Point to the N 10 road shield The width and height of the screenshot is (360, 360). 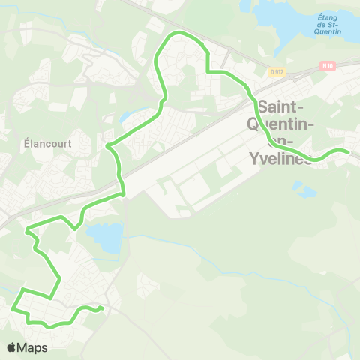point(326,65)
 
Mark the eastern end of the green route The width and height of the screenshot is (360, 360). point(348,152)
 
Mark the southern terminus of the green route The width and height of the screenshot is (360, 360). point(100,308)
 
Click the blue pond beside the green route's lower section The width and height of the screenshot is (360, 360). point(105,238)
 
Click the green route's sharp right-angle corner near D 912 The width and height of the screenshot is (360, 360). point(207,71)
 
